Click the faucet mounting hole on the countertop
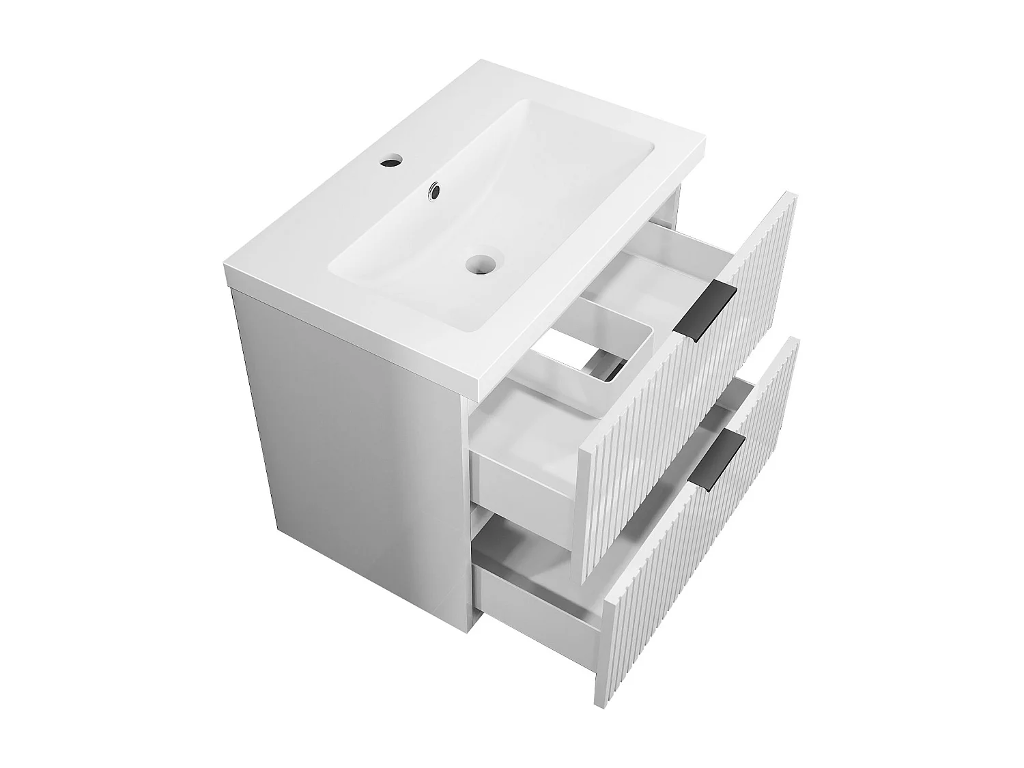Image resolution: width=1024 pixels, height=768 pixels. click(x=391, y=163)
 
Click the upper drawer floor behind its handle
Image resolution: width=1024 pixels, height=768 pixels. click(x=655, y=266)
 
